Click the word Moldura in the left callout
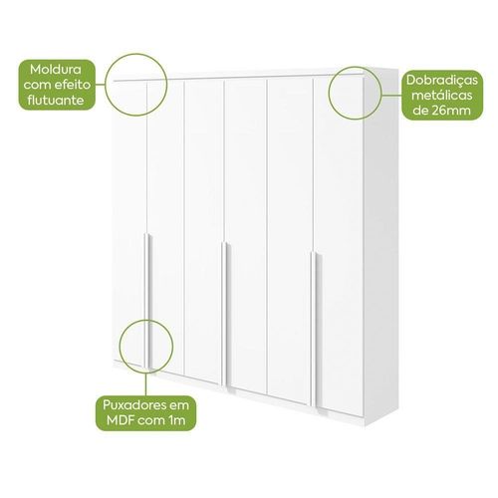[x=56, y=70]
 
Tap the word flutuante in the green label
[x=56, y=100]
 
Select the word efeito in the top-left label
[x=73, y=85]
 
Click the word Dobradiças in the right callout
[x=442, y=81]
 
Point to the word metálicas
[x=442, y=96]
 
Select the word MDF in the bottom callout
[x=121, y=420]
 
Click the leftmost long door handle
[x=147, y=301]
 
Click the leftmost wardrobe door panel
[x=129, y=221]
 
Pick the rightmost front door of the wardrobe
[x=339, y=247]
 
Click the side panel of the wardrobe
[x=381, y=246]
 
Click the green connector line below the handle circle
[x=146, y=384]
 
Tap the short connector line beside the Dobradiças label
[x=391, y=95]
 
